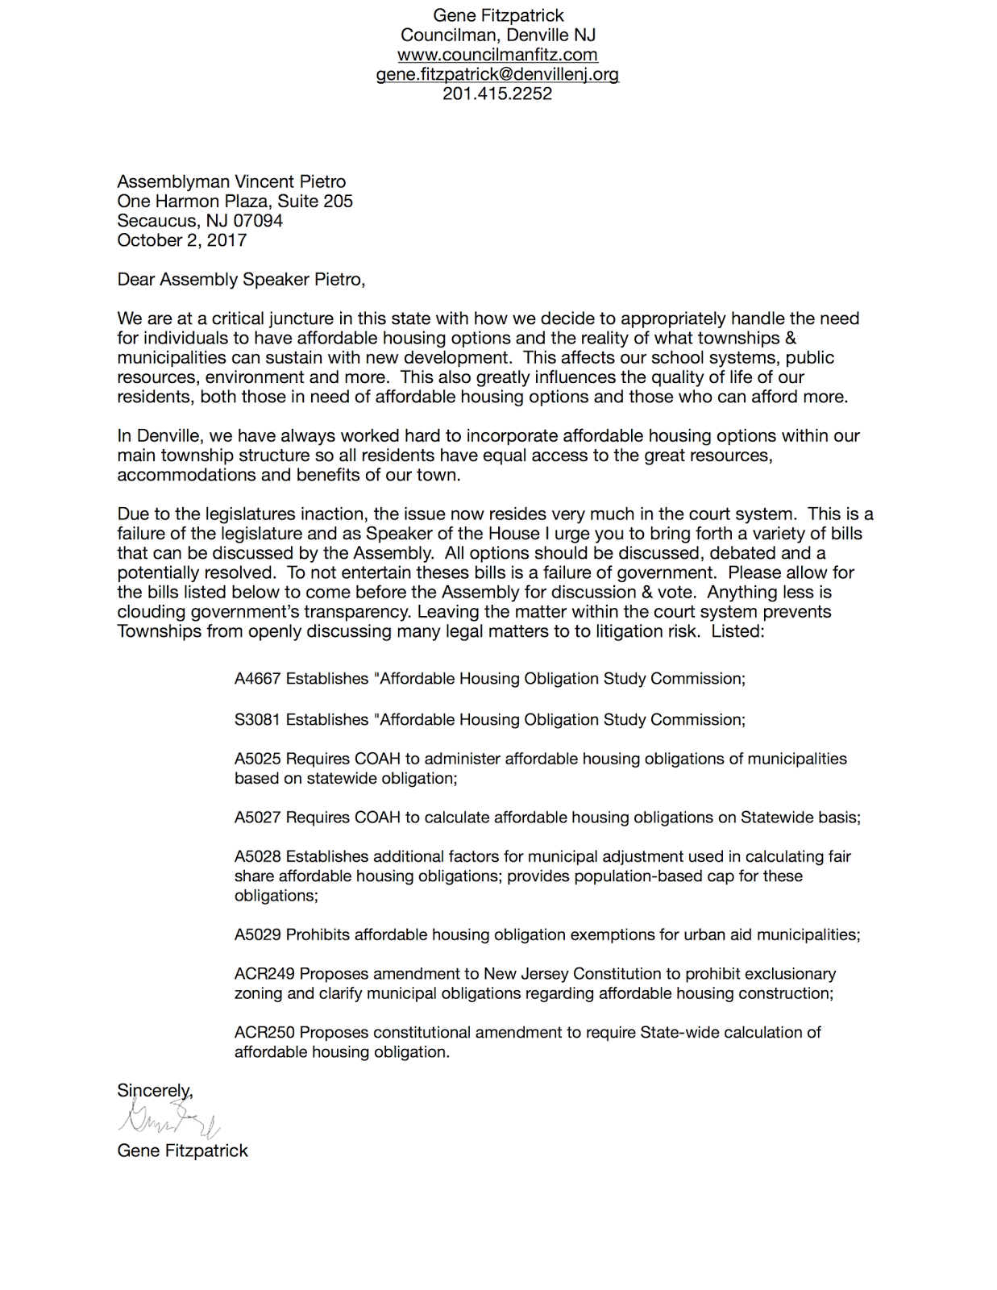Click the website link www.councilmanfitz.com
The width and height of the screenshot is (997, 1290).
click(497, 55)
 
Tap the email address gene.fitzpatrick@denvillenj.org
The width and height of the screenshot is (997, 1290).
click(497, 74)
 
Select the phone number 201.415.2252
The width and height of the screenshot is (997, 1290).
click(497, 94)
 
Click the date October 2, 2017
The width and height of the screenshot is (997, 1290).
click(181, 240)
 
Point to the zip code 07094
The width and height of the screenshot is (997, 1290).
click(258, 221)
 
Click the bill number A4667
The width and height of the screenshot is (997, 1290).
click(257, 679)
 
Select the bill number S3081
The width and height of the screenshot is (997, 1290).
click(257, 719)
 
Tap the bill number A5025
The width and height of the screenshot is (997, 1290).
click(257, 759)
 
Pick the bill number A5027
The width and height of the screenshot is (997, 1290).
click(257, 818)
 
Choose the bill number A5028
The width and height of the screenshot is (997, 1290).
click(257, 856)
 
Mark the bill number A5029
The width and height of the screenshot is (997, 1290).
click(257, 934)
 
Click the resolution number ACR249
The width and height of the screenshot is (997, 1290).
click(264, 974)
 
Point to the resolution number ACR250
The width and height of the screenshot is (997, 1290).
click(264, 1032)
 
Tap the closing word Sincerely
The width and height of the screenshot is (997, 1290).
click(154, 1091)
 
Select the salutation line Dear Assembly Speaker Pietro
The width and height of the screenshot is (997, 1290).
click(241, 280)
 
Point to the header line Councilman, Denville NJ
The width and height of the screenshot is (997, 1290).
click(497, 35)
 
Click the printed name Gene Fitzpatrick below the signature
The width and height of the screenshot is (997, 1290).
click(182, 1151)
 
